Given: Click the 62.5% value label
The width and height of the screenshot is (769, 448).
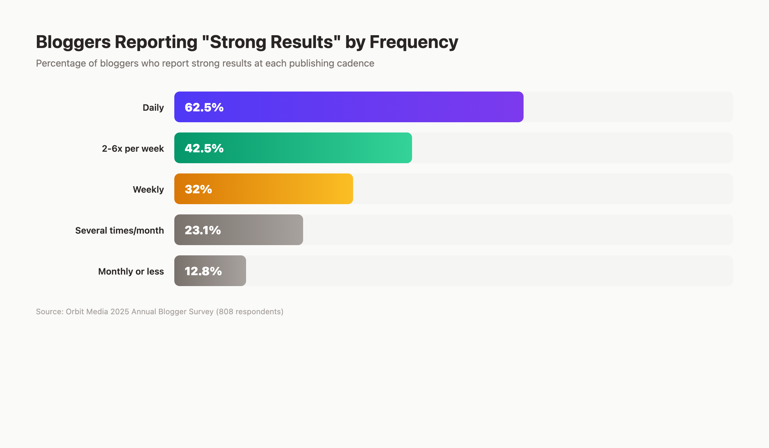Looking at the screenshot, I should click(x=204, y=107).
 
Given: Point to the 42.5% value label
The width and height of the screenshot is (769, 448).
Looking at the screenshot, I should click(x=204, y=148).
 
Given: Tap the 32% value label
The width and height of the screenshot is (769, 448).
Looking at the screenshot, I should click(x=198, y=189).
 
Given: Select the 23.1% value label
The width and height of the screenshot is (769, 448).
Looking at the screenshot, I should click(x=203, y=230).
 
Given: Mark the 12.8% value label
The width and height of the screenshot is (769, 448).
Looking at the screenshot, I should click(x=203, y=271).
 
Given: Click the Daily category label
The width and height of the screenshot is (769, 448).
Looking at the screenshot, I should click(x=153, y=108).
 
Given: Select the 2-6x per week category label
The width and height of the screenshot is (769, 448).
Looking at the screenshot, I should click(x=133, y=148).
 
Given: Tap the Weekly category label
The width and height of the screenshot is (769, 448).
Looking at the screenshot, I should click(x=148, y=189).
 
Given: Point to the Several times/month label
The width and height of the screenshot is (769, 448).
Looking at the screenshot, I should click(x=120, y=230).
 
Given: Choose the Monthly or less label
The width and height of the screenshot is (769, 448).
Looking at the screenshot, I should click(x=131, y=271).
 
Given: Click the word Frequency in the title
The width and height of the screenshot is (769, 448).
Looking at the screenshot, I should click(x=414, y=42).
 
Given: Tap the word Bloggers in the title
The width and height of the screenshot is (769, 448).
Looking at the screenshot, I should click(x=73, y=42).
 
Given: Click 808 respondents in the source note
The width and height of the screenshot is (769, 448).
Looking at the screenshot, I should click(x=250, y=312).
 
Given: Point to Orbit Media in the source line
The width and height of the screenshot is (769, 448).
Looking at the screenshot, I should click(x=87, y=312).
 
